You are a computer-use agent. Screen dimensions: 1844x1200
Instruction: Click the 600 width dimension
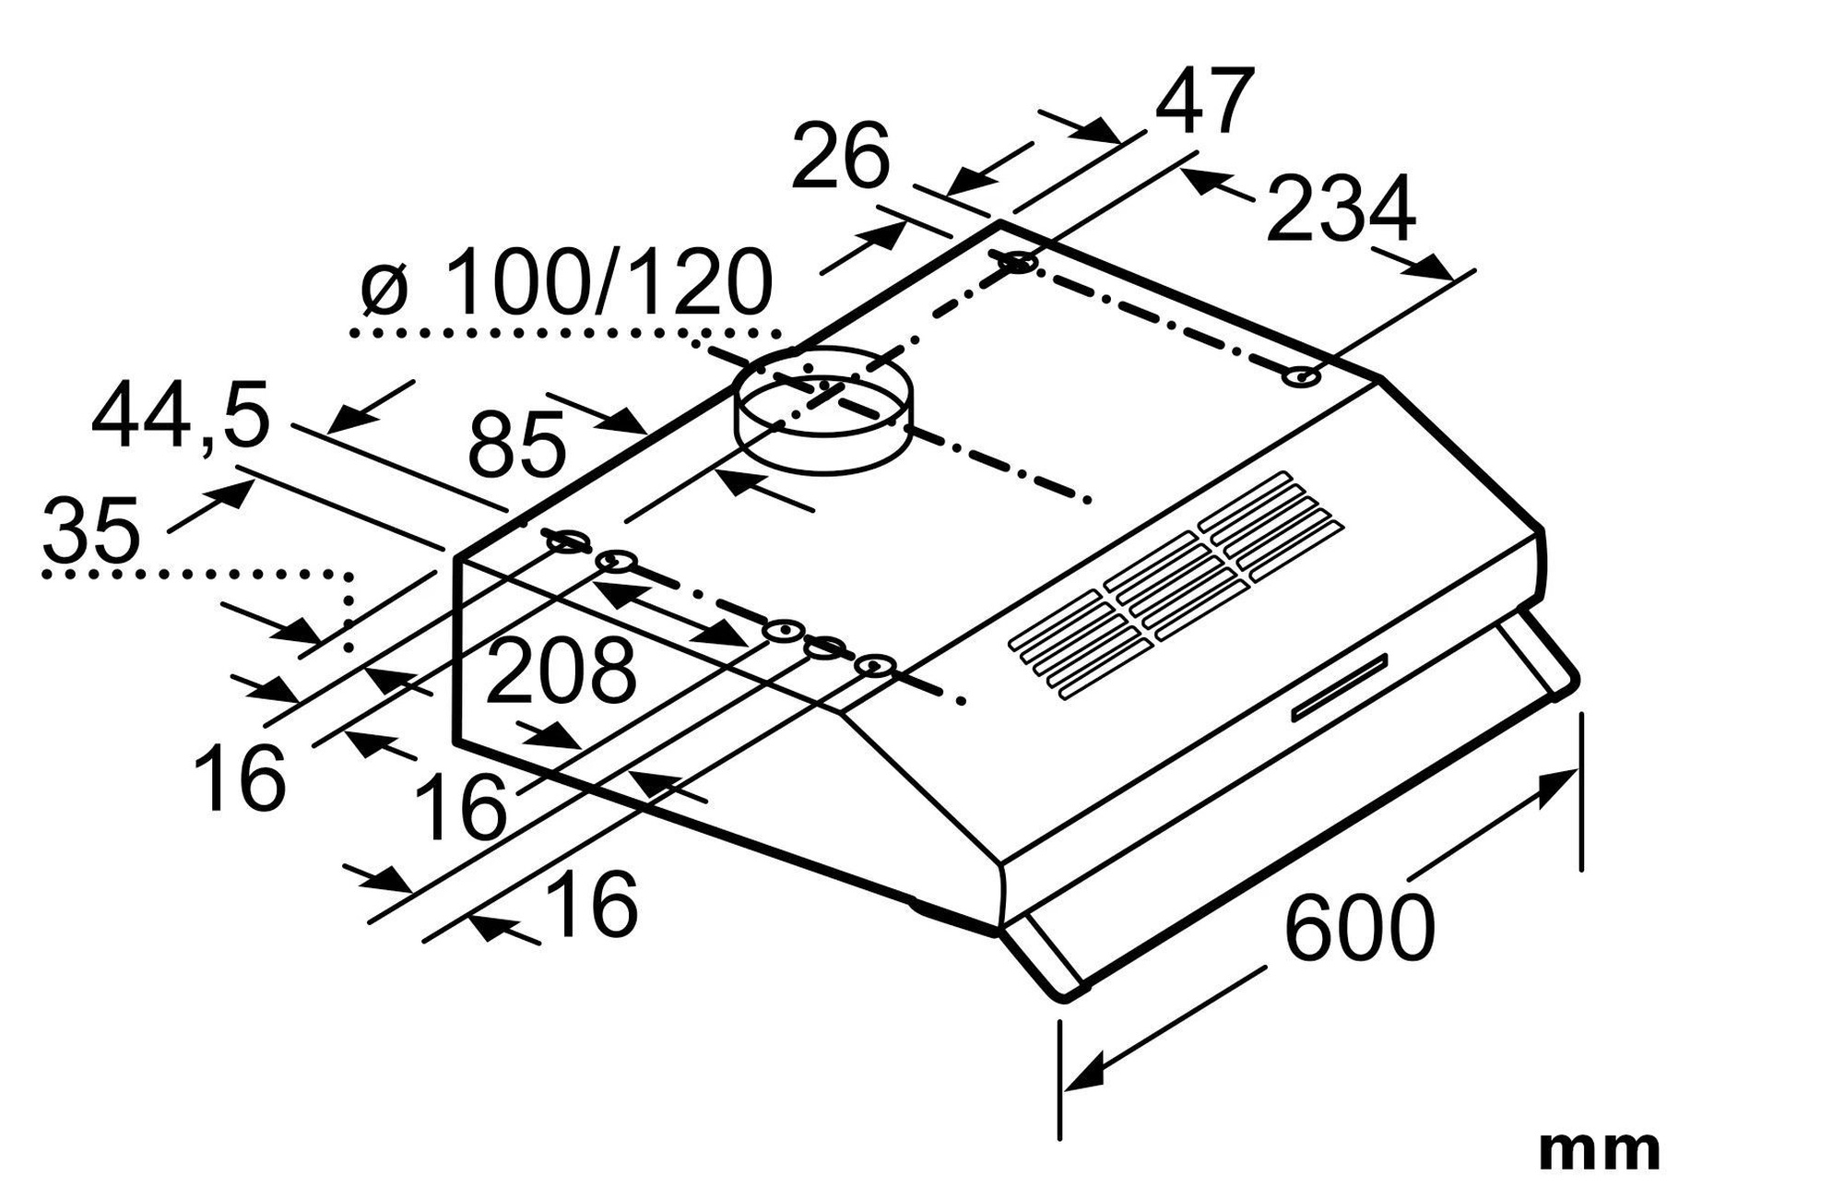pos(1359,926)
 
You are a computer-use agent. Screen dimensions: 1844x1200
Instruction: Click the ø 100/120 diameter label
pos(566,282)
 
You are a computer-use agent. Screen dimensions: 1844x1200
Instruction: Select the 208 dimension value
pos(561,671)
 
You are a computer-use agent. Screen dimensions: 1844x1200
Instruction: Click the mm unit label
pos(1599,1150)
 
